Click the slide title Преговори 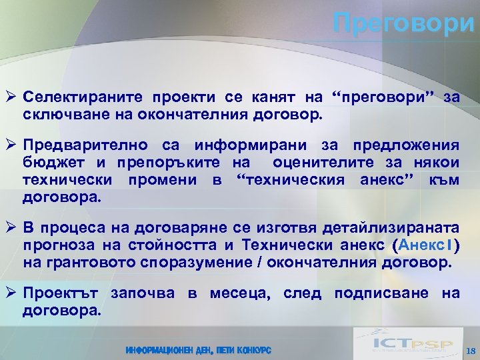coord(404,24)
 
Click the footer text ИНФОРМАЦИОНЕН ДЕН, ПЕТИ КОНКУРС coord(199,351)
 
